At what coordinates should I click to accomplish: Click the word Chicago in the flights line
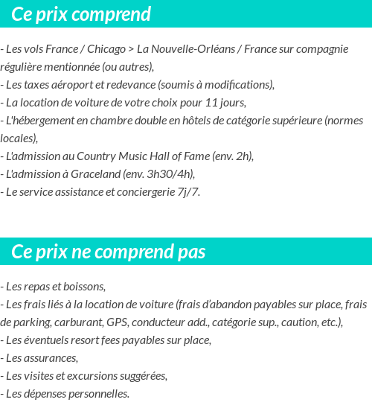coord(106,49)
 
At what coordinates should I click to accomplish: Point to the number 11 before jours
coord(212,102)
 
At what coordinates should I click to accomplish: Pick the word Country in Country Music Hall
coord(89,156)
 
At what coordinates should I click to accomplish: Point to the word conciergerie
coord(140,191)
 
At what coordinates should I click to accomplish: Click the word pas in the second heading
coord(191,252)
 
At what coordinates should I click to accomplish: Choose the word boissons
coord(84,286)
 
